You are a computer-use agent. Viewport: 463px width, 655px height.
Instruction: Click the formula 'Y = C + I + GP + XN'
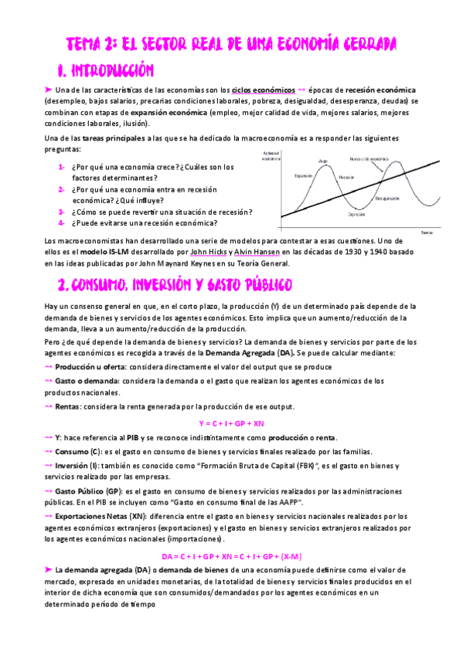pyautogui.click(x=232, y=423)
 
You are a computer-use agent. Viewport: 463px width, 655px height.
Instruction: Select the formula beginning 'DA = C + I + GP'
pyautogui.click(x=232, y=556)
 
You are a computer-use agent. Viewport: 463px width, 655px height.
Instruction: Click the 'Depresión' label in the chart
pyautogui.click(x=356, y=214)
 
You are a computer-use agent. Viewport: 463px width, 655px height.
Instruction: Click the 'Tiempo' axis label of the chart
pyautogui.click(x=427, y=232)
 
